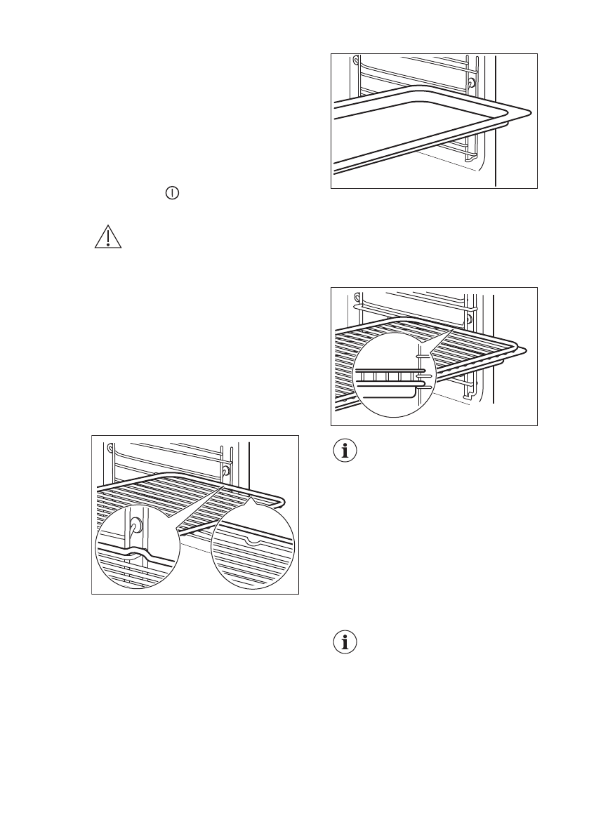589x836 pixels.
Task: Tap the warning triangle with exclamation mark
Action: click(x=108, y=237)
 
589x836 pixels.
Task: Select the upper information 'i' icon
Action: click(x=344, y=451)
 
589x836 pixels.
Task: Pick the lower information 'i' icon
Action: click(x=344, y=642)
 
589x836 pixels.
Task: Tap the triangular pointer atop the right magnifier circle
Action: click(x=252, y=500)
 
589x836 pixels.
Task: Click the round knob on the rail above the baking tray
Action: click(x=470, y=83)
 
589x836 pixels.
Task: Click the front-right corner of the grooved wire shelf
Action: click(x=280, y=503)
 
